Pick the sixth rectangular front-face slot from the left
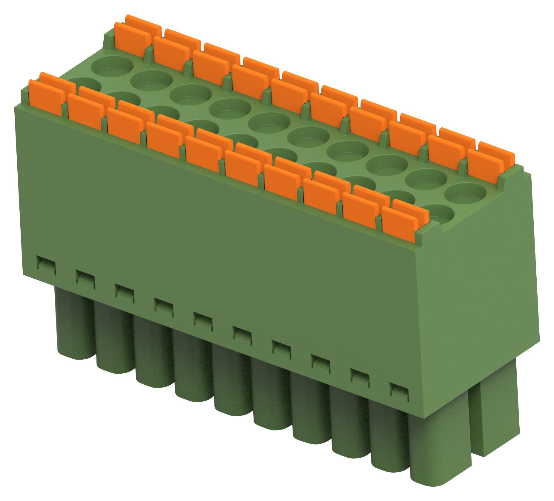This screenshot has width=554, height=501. (242, 333)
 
